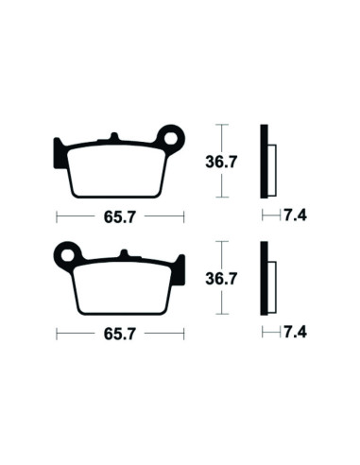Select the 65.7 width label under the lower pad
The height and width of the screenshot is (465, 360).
point(119,334)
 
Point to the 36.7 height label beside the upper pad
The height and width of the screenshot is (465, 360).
point(221,162)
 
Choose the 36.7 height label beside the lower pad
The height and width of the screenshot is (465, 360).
point(221,279)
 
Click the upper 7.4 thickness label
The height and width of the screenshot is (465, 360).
point(295,215)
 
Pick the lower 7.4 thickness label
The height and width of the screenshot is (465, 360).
point(295,334)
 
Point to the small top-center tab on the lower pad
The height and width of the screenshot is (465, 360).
point(122,254)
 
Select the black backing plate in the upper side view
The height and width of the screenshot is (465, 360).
point(265,162)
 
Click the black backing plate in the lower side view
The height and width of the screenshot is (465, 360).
point(265,280)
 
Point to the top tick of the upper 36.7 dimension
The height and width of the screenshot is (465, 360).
point(221,125)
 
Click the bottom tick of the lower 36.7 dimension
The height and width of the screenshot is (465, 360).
point(221,315)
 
